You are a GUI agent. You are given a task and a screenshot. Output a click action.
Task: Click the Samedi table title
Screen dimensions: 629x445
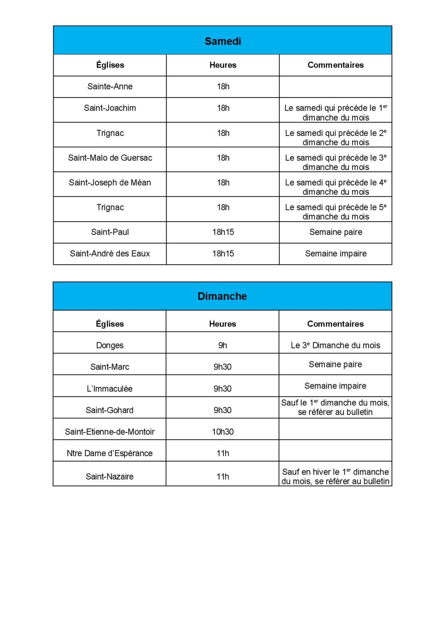[x=223, y=41]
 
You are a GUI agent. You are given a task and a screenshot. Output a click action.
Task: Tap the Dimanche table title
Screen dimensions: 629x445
[x=222, y=296]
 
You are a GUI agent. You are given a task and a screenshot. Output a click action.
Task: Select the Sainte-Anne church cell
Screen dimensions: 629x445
[x=110, y=86]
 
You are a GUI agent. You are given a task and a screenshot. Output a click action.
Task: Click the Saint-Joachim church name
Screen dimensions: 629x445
[x=110, y=108]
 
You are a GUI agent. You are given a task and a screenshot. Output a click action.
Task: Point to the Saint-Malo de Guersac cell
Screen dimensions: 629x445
[x=110, y=158]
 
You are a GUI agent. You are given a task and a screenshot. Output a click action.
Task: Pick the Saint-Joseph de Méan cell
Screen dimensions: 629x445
[x=110, y=183]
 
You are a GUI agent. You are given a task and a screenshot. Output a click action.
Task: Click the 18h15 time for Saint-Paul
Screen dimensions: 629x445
[x=223, y=232]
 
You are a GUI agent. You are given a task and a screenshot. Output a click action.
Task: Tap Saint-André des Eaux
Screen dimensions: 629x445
[x=110, y=253]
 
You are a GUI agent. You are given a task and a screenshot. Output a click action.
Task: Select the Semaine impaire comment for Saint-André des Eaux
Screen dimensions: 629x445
[x=336, y=253]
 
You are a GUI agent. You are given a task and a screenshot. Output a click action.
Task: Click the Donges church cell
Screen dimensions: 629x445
[x=110, y=345]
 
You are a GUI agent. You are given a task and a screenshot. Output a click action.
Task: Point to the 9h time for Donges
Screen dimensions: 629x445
[x=223, y=345]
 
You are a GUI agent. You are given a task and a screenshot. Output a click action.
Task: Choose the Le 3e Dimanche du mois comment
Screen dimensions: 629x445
[x=335, y=345]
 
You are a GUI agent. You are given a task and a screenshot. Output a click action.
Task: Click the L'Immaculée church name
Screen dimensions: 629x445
[x=110, y=389]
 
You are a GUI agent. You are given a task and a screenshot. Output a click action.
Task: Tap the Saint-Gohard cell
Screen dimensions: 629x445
[x=110, y=410]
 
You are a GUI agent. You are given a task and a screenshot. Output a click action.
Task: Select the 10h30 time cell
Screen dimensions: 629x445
[x=223, y=432]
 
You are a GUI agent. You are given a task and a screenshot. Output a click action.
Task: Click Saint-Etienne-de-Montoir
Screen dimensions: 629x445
[x=110, y=432]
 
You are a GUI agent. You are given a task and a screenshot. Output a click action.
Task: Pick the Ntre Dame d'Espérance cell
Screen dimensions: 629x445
[x=110, y=453]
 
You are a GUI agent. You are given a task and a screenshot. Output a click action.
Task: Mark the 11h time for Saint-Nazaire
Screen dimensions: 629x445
[x=223, y=476]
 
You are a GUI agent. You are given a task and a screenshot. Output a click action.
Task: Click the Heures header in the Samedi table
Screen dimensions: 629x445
[x=223, y=65]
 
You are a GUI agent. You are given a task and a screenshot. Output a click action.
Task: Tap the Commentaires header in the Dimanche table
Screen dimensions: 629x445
[x=335, y=324]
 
